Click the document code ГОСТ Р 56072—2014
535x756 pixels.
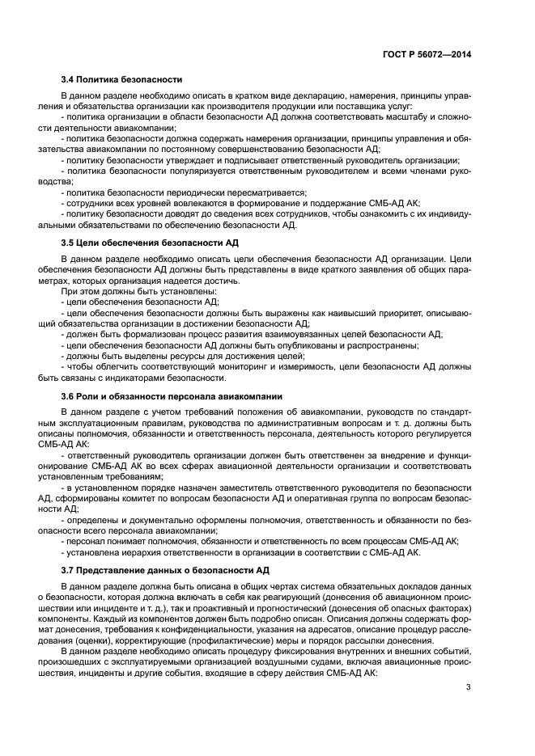[427, 53]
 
